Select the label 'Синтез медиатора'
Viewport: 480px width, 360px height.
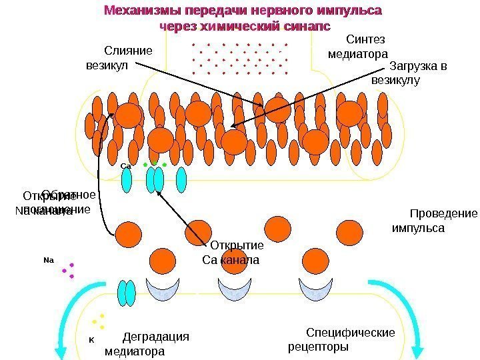point(359,46)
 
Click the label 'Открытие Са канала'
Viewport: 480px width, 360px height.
point(231,252)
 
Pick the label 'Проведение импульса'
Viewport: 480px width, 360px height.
point(434,221)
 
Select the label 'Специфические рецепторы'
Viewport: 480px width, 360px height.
point(341,340)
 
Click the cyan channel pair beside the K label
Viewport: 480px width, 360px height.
point(127,293)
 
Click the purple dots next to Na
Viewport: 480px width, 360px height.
point(67,269)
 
